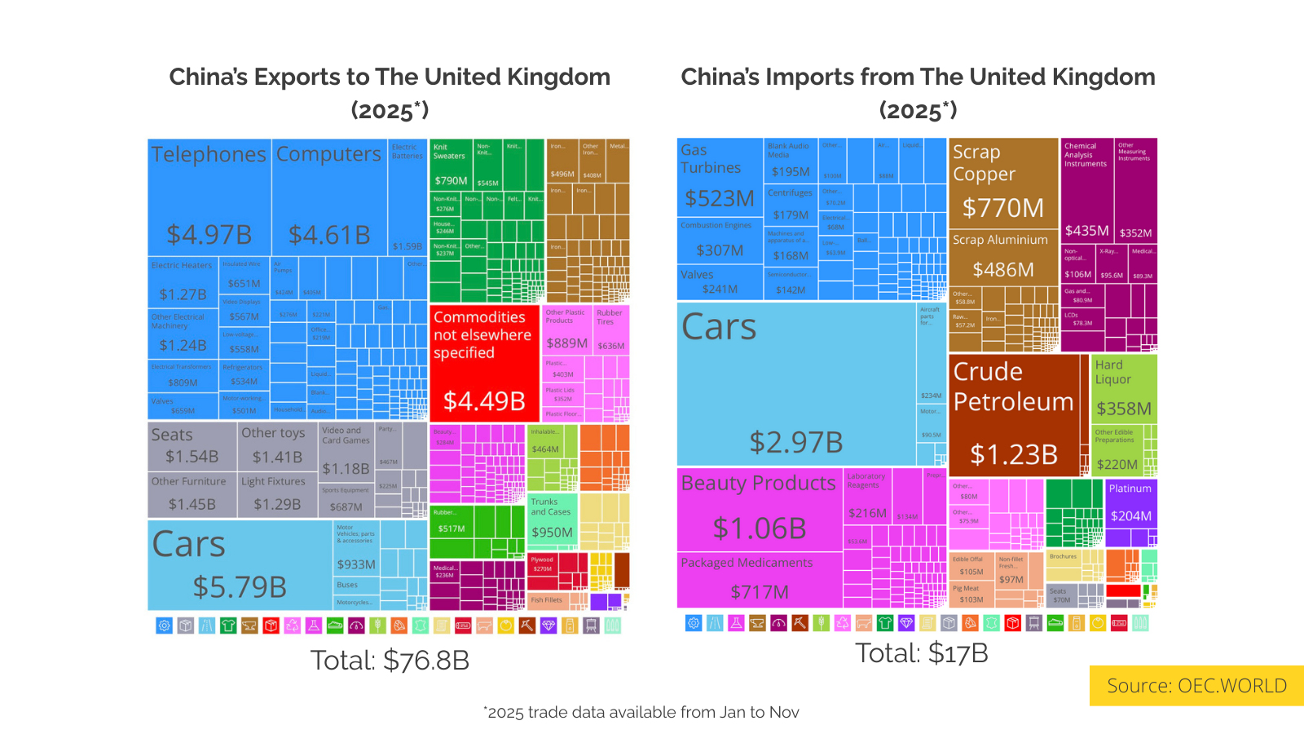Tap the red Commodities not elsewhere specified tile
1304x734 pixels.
[x=484, y=363]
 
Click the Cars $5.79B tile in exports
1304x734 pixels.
[x=240, y=564]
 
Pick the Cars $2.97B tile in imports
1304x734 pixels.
[x=795, y=384]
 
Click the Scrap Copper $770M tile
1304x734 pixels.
[x=1003, y=183]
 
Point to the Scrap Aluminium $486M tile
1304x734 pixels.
[x=1003, y=257]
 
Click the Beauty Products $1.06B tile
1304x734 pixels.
[x=759, y=509]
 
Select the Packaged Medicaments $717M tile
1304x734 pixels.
[x=759, y=580]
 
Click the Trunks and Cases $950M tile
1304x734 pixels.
[x=552, y=517]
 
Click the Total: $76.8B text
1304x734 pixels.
[x=390, y=660]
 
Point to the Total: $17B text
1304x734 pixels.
[x=921, y=652]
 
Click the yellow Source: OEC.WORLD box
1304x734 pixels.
[x=1196, y=685]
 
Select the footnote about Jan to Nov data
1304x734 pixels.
[x=641, y=712]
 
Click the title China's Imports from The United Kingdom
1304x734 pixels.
[x=918, y=77]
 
